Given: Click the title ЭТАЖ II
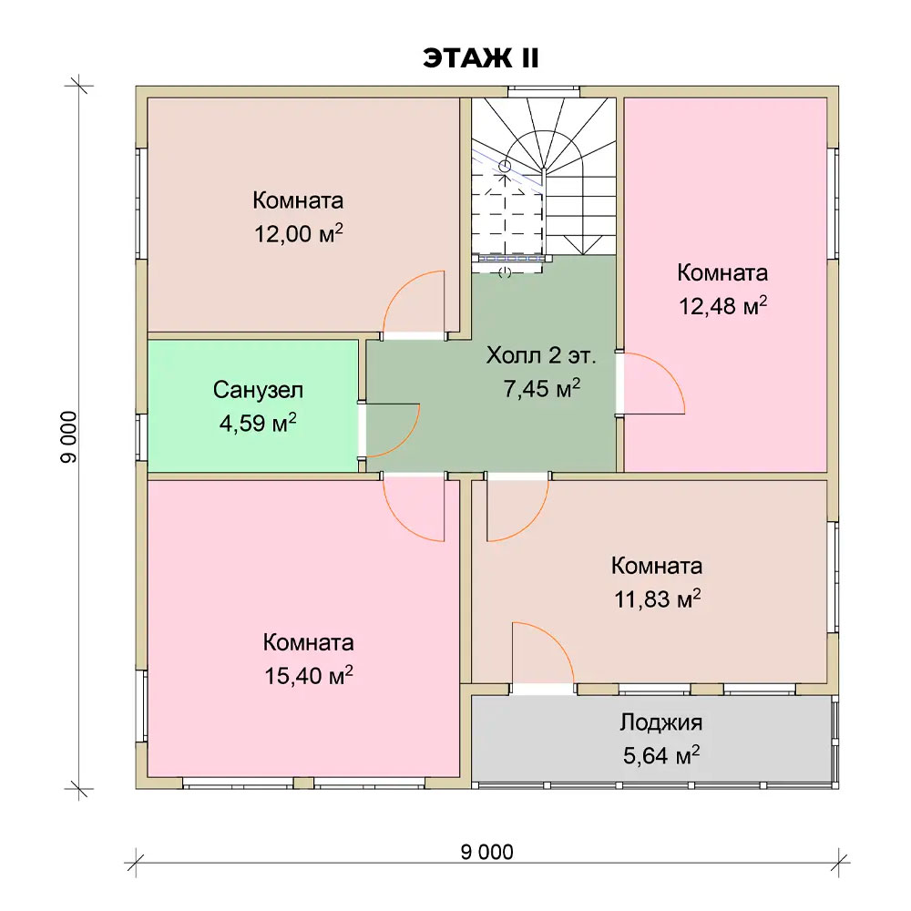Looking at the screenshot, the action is pyautogui.click(x=481, y=58).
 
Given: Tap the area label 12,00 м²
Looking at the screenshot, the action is pyautogui.click(x=299, y=233).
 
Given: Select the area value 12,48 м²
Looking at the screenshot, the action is pyautogui.click(x=723, y=305).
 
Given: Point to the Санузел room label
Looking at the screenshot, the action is pyautogui.click(x=258, y=390).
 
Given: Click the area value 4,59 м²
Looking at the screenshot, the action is pyautogui.click(x=258, y=423).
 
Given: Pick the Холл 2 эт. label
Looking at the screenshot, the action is pyautogui.click(x=541, y=355).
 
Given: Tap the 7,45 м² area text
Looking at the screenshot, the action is pyautogui.click(x=541, y=388).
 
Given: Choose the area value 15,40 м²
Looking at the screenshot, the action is pyautogui.click(x=309, y=675).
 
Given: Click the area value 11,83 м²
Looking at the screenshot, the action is pyautogui.click(x=657, y=599).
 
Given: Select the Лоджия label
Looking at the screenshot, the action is pyautogui.click(x=661, y=722).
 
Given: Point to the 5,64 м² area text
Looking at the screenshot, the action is pyautogui.click(x=661, y=755).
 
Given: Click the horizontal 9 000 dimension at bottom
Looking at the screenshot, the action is pyautogui.click(x=486, y=852).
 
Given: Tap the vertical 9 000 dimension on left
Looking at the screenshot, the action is pyautogui.click(x=68, y=437).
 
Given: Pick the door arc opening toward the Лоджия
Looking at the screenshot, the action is pyautogui.click(x=558, y=640).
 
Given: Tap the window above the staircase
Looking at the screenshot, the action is pyautogui.click(x=544, y=92).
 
